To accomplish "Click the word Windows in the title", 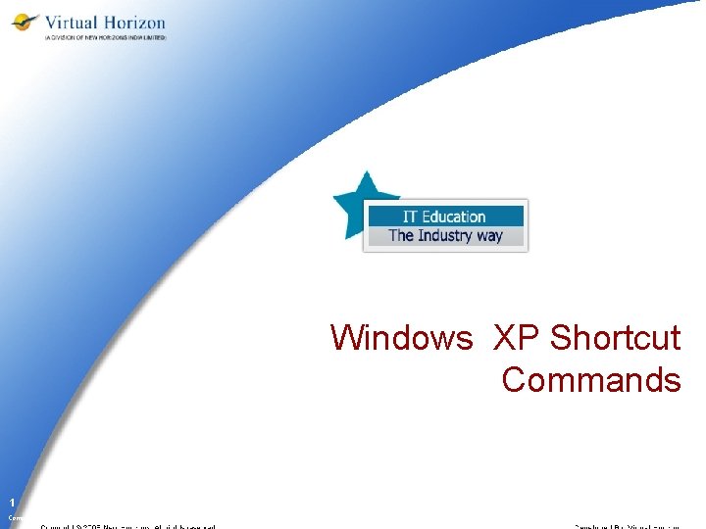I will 401,338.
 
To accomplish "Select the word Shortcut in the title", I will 615,338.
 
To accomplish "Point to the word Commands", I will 591,380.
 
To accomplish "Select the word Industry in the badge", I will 444,235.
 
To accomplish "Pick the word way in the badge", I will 488,235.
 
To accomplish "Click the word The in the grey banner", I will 401,235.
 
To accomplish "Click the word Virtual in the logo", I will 71,22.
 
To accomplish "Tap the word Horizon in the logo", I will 132,22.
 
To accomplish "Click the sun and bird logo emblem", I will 25,23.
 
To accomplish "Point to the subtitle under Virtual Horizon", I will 105,37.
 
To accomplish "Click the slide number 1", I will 13,501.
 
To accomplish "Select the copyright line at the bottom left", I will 127,526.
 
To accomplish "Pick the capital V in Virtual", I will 49,22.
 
